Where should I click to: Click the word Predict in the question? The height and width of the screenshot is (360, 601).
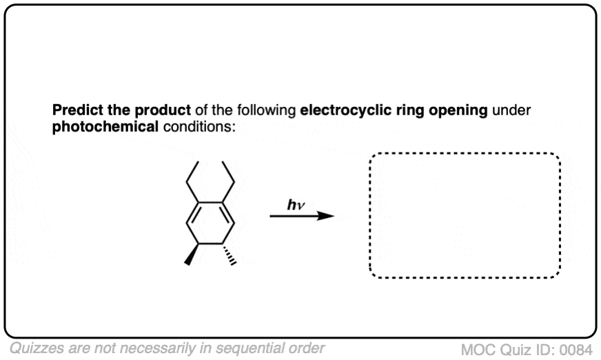(x=73, y=110)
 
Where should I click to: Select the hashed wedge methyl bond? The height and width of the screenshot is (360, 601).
(x=230, y=253)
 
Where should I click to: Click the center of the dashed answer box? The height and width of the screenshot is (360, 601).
(x=465, y=215)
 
